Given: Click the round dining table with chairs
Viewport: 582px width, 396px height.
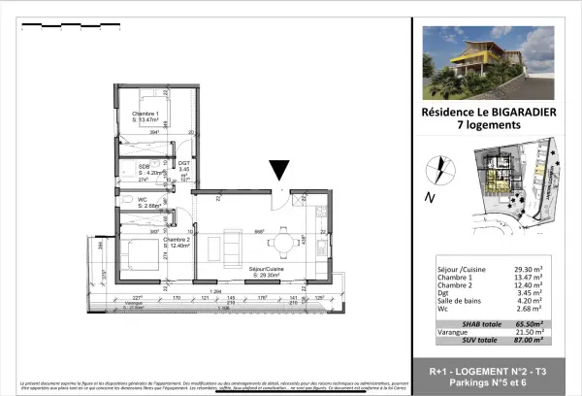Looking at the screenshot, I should coord(282,241).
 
